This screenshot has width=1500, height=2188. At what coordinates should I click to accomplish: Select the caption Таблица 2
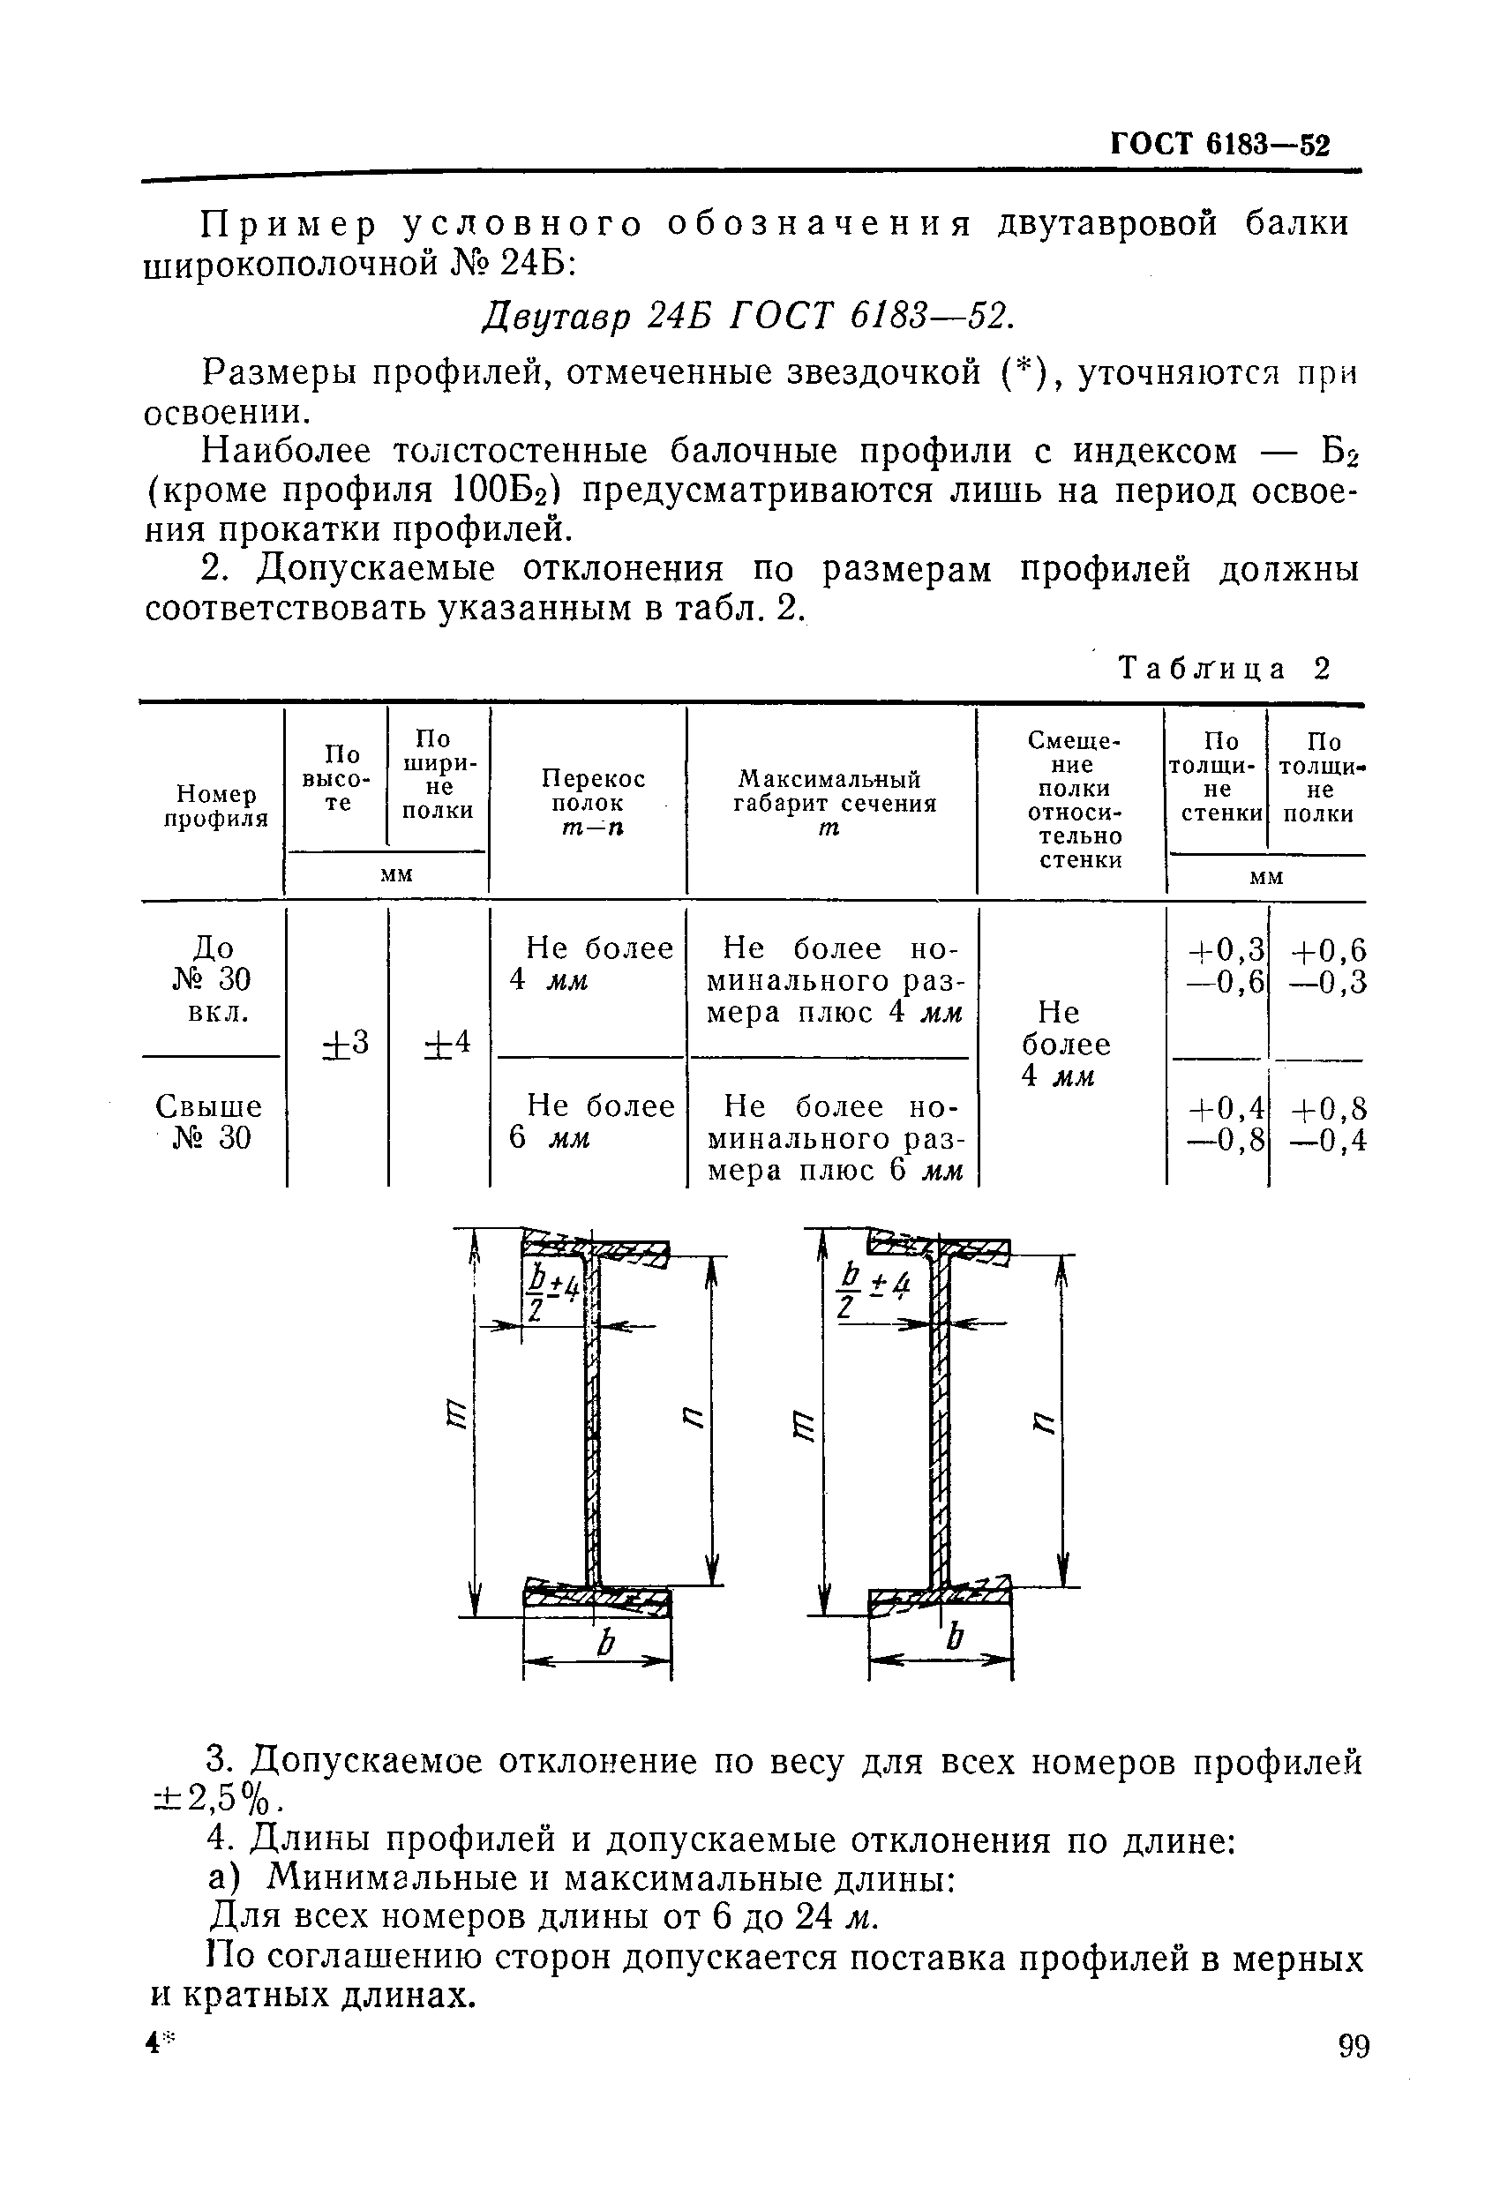coord(1225,669)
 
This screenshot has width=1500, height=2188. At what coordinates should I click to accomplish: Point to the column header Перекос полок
coord(592,802)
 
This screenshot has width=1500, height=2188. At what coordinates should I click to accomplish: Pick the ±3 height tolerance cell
coord(346,1044)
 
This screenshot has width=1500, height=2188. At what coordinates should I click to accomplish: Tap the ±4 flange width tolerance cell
coord(446,1044)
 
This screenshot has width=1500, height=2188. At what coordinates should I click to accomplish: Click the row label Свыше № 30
coord(210,1121)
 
